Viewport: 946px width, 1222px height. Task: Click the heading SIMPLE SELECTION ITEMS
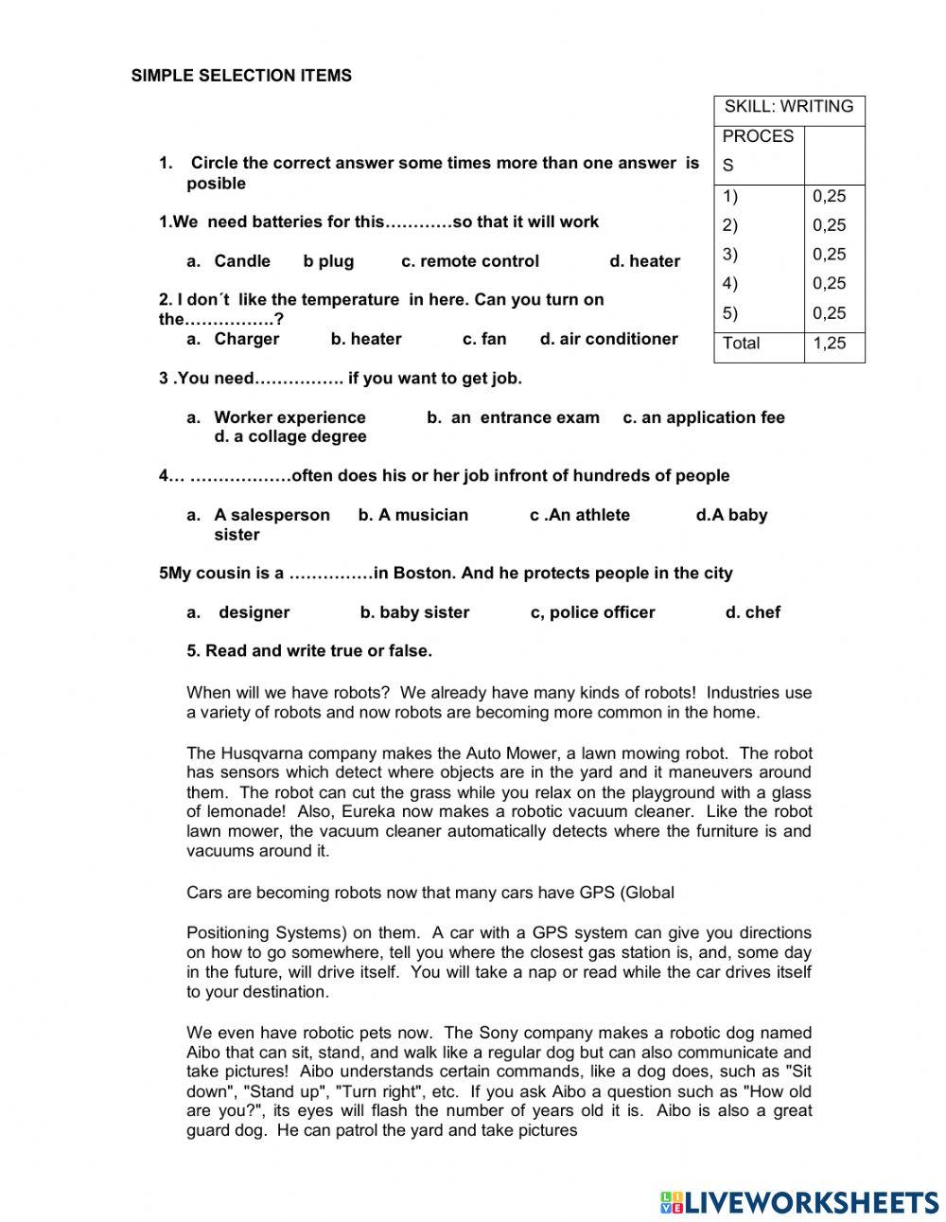coord(241,76)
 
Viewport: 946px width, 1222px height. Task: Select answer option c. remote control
coord(470,261)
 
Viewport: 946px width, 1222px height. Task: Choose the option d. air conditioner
coord(608,339)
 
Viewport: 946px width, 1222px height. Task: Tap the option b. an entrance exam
coord(513,417)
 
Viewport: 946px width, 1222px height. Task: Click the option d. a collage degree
coord(289,436)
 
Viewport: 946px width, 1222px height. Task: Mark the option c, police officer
coord(592,612)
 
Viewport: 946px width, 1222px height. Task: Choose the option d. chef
coord(752,612)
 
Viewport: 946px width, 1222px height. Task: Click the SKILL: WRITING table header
coord(789,107)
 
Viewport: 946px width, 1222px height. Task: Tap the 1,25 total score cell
coord(830,344)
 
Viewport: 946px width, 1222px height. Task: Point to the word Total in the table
coord(741,344)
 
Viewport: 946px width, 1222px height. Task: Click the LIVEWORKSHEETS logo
coord(799,1201)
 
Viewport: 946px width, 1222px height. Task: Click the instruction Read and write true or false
coord(309,651)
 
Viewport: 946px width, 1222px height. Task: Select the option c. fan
coord(484,339)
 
